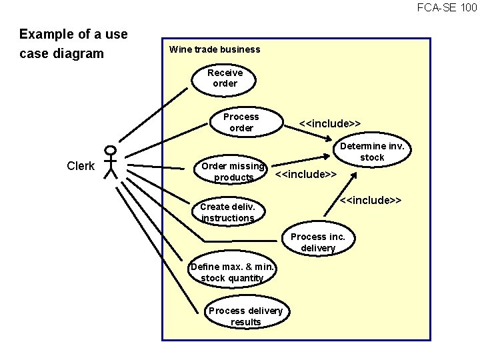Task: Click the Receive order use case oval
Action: [225, 78]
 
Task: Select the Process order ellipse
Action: [241, 122]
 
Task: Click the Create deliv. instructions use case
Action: [227, 212]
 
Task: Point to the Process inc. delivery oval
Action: [318, 243]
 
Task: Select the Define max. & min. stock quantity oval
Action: [232, 272]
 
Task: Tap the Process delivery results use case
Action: [245, 316]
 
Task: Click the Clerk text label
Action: [81, 166]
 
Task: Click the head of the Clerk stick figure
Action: [111, 151]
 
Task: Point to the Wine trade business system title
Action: [215, 49]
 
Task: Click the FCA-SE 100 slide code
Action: [447, 8]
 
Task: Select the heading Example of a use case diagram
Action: [73, 43]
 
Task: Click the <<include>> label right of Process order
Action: [330, 123]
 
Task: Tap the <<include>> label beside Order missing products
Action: [305, 175]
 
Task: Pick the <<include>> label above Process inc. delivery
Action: [371, 201]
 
